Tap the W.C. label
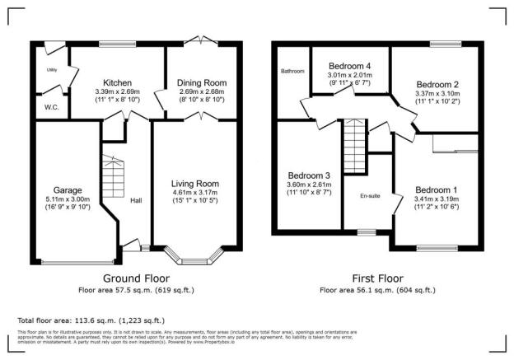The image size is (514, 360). [49, 107]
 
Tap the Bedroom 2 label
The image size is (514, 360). [437, 84]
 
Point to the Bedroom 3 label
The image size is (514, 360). [310, 175]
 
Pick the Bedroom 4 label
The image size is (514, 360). [350, 65]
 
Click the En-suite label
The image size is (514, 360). [369, 196]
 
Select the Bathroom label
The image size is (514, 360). [292, 71]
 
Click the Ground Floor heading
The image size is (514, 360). [133, 279]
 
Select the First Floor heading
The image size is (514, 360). [378, 279]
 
